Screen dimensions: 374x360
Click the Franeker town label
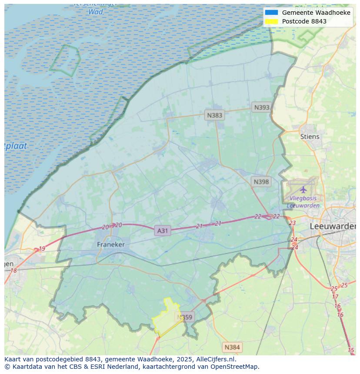pyautogui.click(x=110, y=245)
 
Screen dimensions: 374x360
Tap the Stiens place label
pyautogui.click(x=310, y=136)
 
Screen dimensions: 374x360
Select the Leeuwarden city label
pyautogui.click(x=333, y=226)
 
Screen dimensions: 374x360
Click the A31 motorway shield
pyautogui.click(x=162, y=231)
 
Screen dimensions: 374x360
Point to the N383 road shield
pyautogui.click(x=214, y=115)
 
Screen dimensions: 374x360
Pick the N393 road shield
pyautogui.click(x=262, y=107)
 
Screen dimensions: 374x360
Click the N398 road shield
pyautogui.click(x=261, y=182)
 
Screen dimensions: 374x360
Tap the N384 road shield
pyautogui.click(x=232, y=347)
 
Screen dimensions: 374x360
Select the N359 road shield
pyautogui.click(x=185, y=317)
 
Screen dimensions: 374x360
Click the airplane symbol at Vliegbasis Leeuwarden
pyautogui.click(x=303, y=189)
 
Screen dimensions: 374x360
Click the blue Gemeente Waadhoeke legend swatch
pyautogui.click(x=271, y=13)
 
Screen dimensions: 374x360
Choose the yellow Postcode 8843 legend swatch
pyautogui.click(x=271, y=21)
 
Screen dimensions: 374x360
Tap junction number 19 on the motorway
pyautogui.click(x=42, y=249)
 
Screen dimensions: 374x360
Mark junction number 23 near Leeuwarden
pyautogui.click(x=292, y=223)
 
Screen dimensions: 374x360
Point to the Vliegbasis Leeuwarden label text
pyautogui.click(x=303, y=202)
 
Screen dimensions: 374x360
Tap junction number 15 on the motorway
pyautogui.click(x=351, y=350)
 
